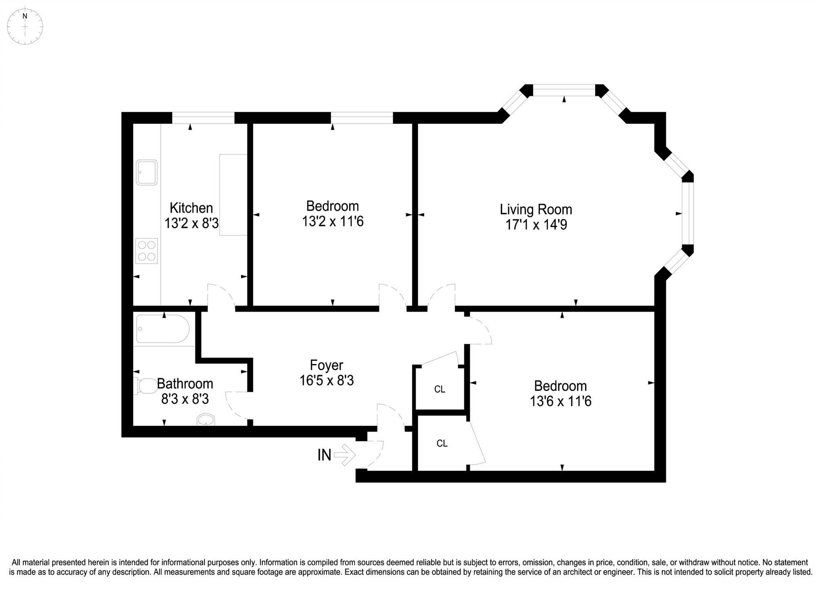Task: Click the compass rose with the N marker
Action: click(25, 26)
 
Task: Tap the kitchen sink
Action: click(146, 172)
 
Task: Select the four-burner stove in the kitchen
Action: click(146, 251)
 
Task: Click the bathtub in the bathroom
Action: click(163, 328)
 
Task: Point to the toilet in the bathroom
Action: click(145, 386)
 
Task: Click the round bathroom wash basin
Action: click(206, 419)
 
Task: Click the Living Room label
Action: click(536, 209)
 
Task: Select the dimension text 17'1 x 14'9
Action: click(536, 225)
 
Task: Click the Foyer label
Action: click(326, 365)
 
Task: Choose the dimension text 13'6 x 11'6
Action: click(560, 401)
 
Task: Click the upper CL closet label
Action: click(439, 389)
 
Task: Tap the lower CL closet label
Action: click(442, 443)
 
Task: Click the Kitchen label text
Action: click(191, 208)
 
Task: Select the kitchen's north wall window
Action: click(203, 118)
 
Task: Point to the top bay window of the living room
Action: click(564, 90)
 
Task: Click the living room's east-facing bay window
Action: click(688, 213)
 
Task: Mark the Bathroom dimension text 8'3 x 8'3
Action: click(185, 399)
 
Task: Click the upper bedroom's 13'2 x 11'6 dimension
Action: click(333, 222)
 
